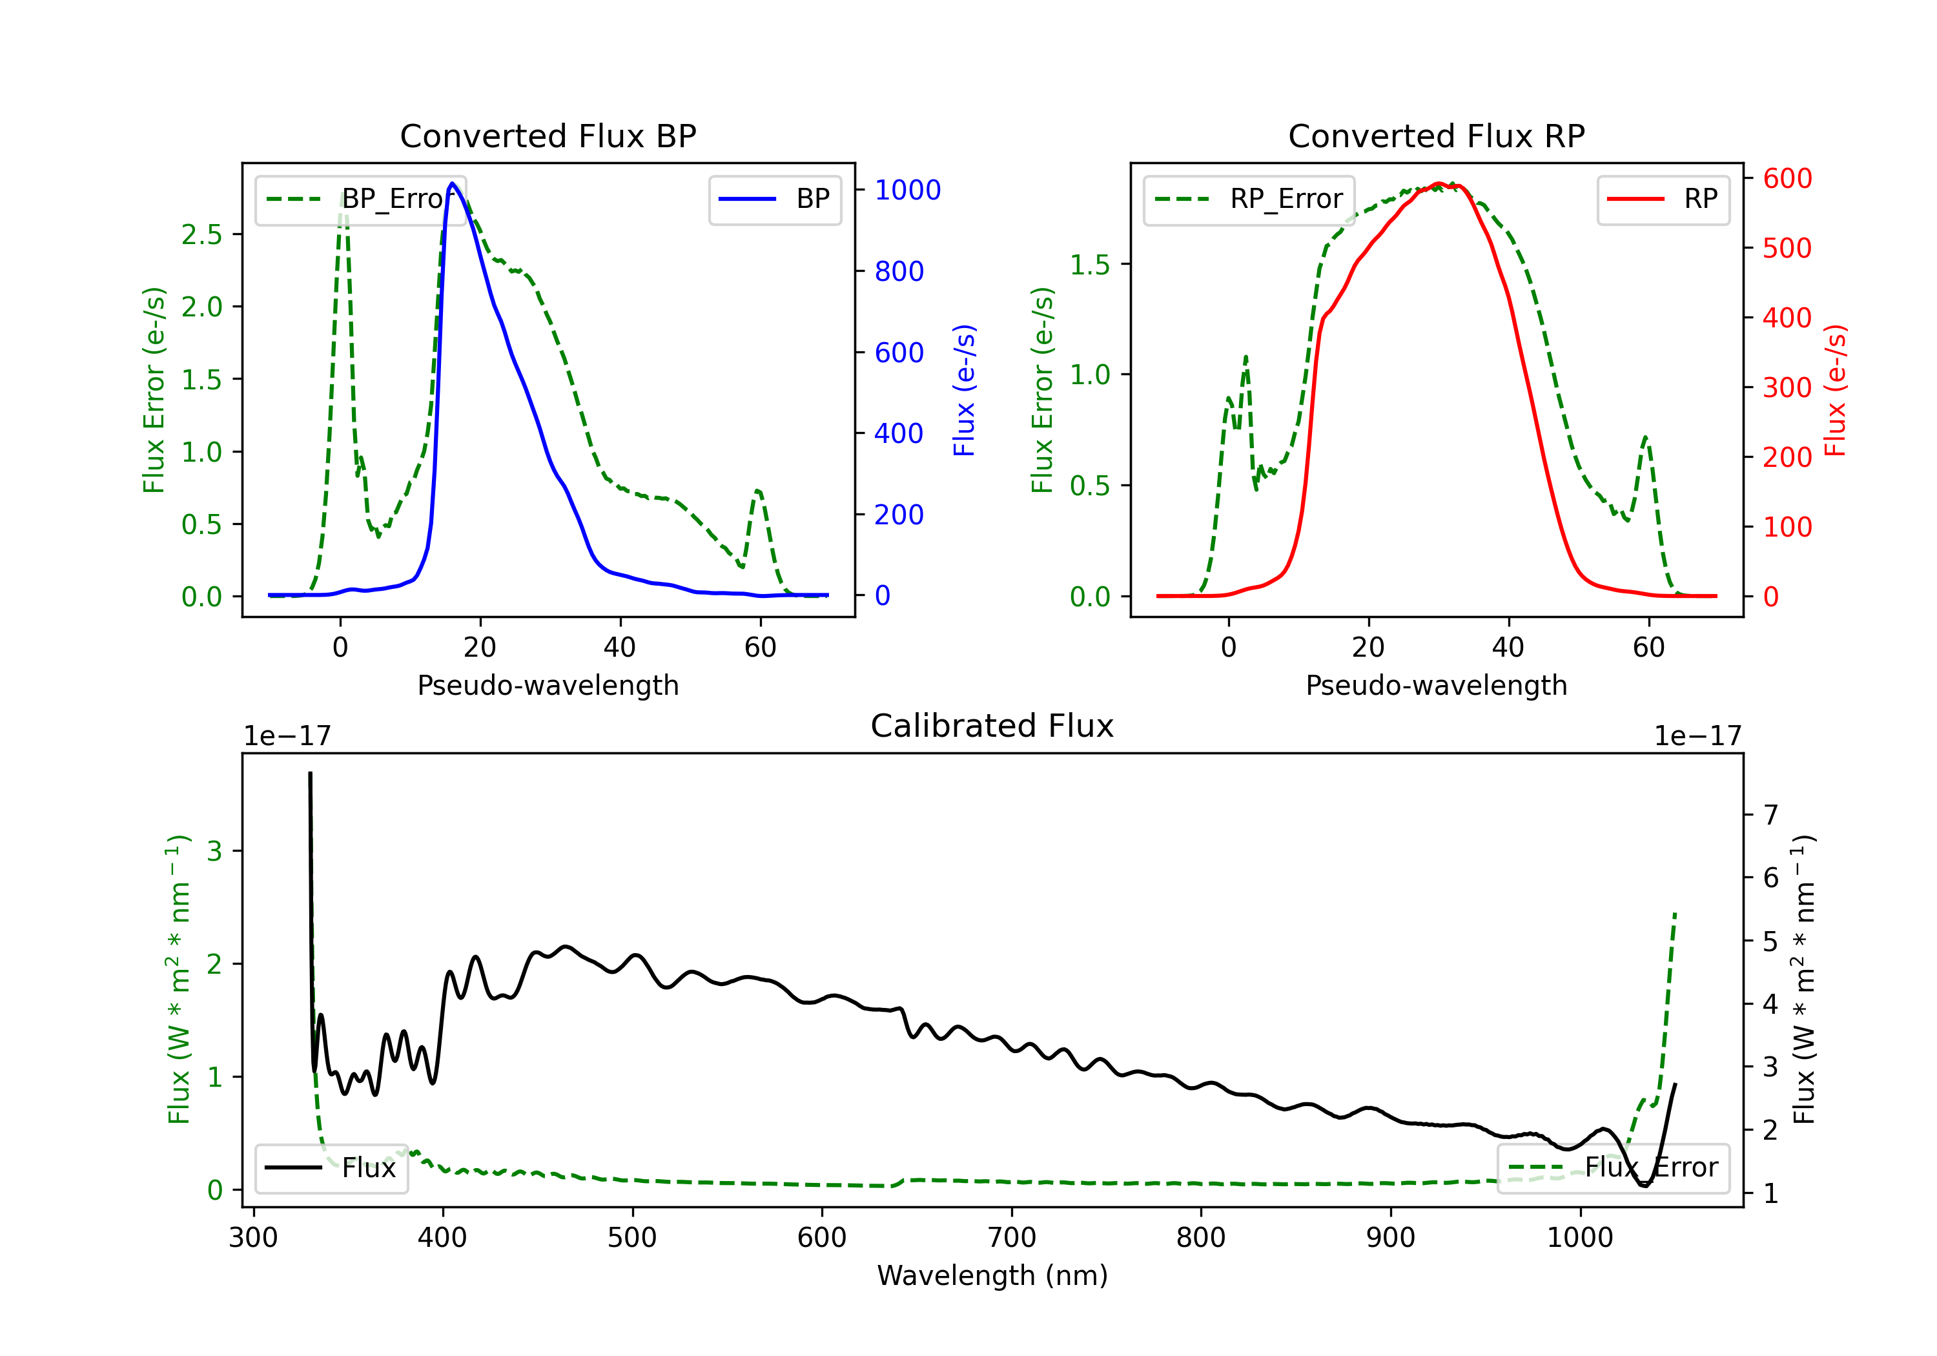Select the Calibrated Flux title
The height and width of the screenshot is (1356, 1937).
[992, 726]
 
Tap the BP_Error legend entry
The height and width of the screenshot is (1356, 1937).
[360, 199]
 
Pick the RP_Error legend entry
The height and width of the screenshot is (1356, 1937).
[1249, 199]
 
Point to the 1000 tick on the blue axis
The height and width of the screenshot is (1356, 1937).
[908, 190]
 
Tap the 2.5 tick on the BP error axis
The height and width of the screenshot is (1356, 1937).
[201, 234]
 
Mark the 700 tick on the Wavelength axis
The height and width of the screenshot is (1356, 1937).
[1012, 1238]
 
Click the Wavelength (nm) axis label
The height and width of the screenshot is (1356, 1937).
[992, 1276]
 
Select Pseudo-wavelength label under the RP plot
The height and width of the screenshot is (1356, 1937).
[1437, 685]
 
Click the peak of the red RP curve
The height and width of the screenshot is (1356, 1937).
[1439, 183]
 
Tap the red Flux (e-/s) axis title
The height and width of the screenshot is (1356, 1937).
[1835, 391]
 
